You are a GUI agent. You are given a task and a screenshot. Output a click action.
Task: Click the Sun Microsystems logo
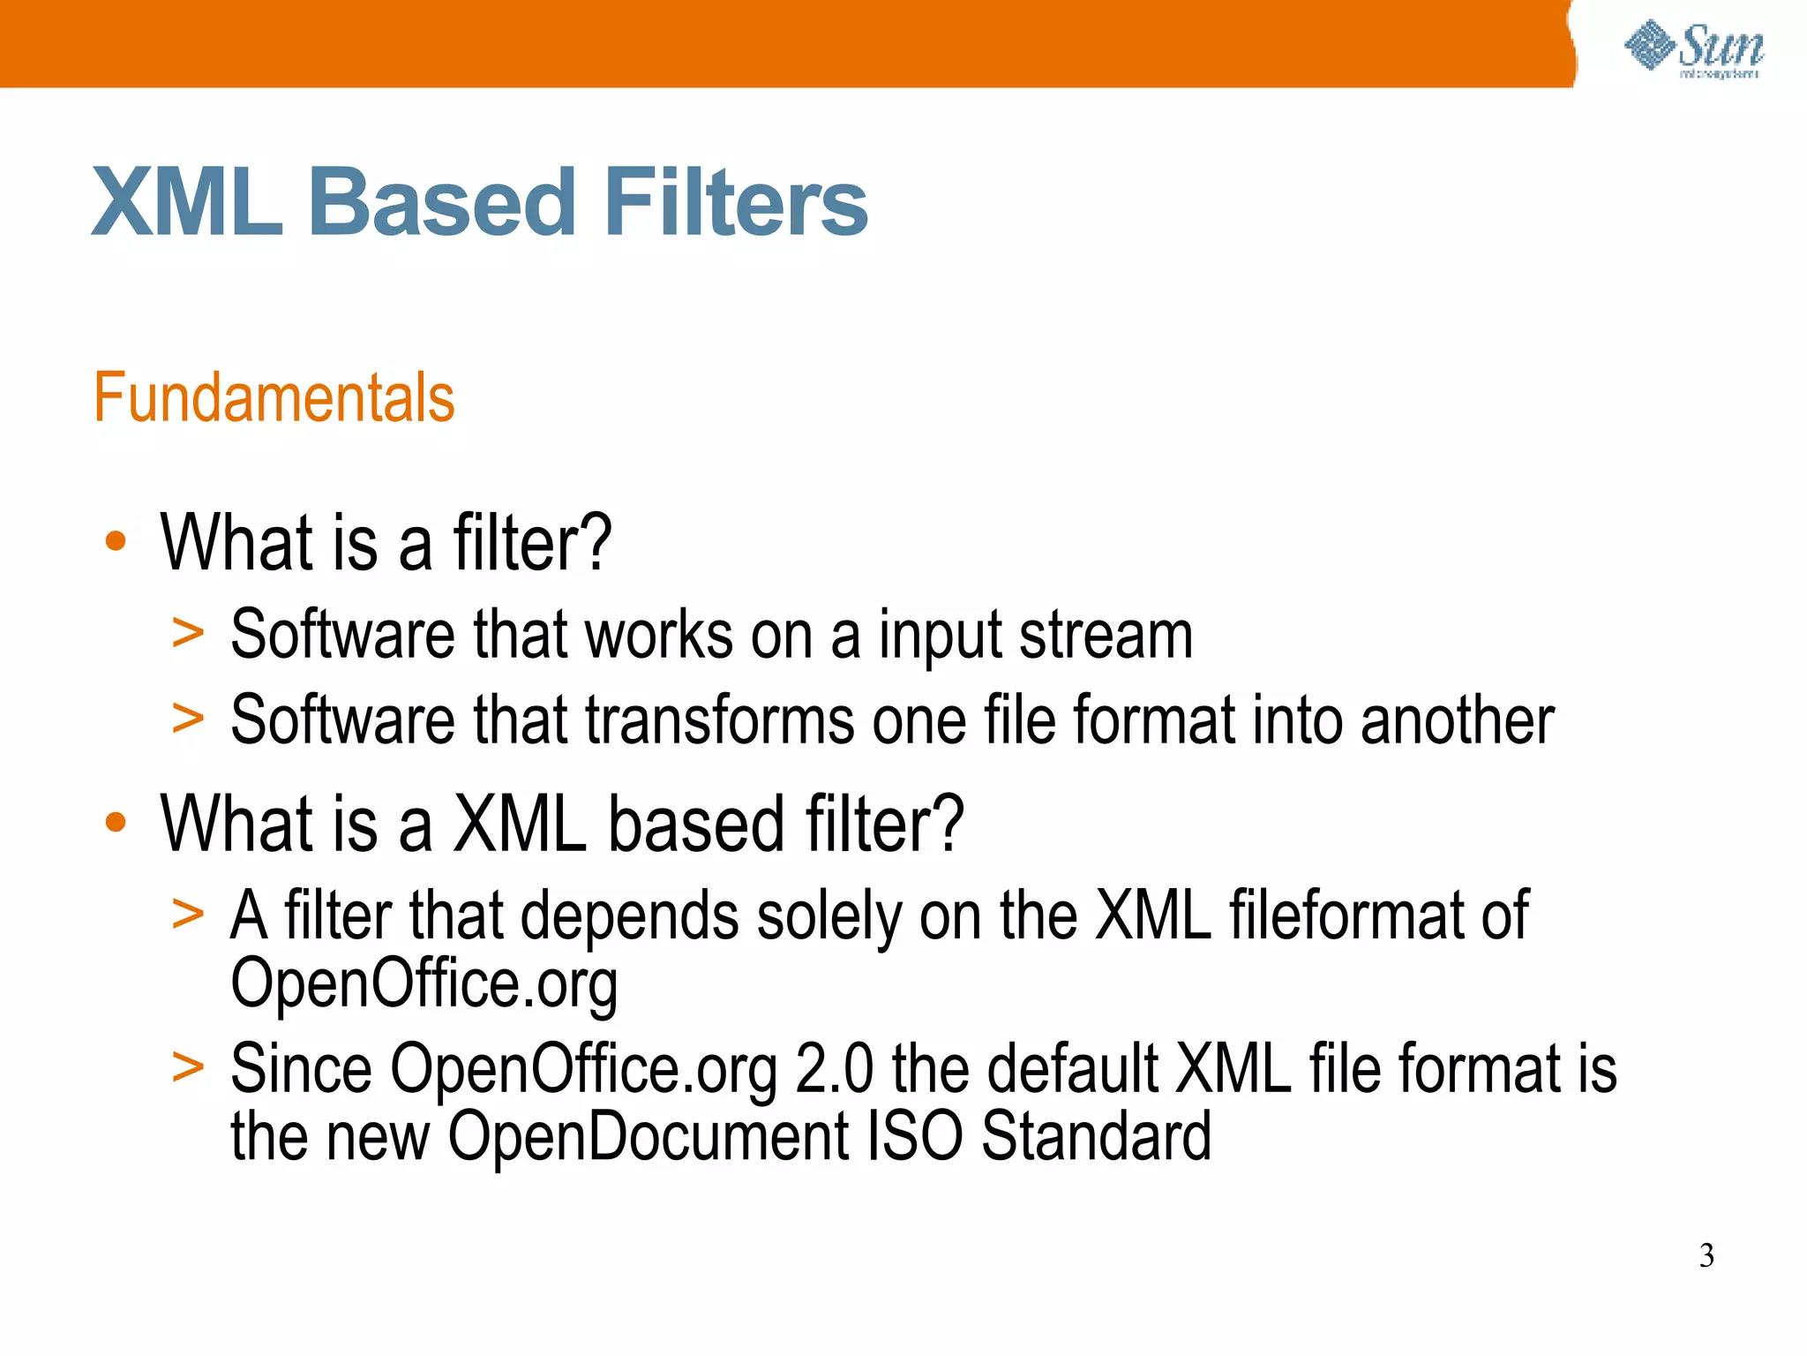pyautogui.click(x=1694, y=49)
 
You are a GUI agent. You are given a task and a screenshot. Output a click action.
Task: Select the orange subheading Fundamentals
pyautogui.click(x=274, y=398)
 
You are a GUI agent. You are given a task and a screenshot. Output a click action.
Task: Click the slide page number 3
pyautogui.click(x=1706, y=1255)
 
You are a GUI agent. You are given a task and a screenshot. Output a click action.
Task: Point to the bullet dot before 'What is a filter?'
pyautogui.click(x=116, y=541)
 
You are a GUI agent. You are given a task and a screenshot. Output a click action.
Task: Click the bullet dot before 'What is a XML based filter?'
pyautogui.click(x=116, y=823)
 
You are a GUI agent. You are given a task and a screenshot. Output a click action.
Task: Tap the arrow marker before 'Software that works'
pyautogui.click(x=188, y=633)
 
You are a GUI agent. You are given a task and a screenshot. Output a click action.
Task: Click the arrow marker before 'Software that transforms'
pyautogui.click(x=188, y=719)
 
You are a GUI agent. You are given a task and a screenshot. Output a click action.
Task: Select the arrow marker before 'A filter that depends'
pyautogui.click(x=188, y=914)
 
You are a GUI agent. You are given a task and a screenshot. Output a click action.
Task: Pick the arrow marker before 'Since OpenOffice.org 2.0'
pyautogui.click(x=188, y=1067)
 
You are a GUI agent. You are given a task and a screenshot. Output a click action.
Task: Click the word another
pyautogui.click(x=1457, y=720)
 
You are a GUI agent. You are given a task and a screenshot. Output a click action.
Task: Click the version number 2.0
pyautogui.click(x=834, y=1069)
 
